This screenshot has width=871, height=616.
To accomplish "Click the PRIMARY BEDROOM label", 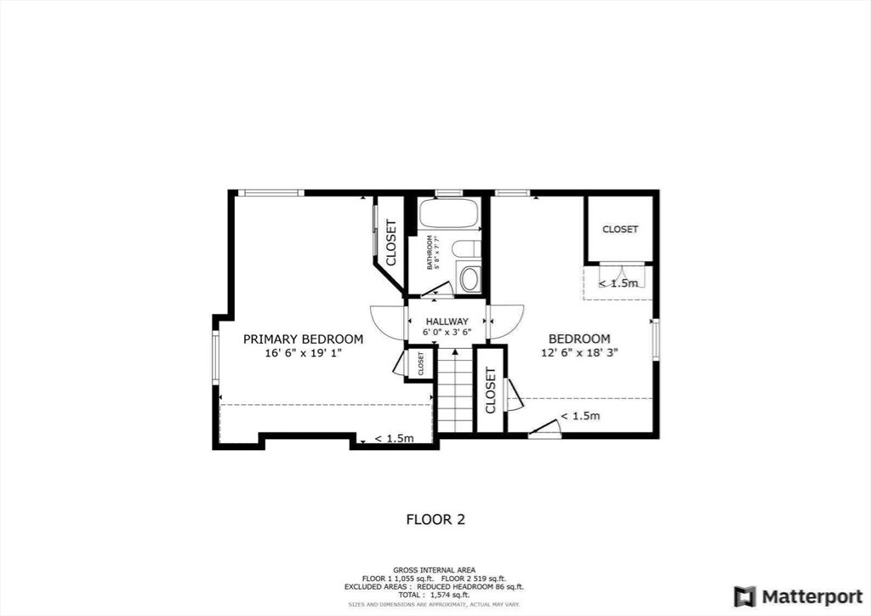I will [303, 339].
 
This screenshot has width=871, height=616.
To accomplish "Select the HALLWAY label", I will [447, 321].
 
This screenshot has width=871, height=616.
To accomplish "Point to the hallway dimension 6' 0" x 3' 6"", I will [447, 333].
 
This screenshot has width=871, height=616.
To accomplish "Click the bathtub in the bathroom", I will [449, 214].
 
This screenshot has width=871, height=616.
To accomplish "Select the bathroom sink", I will [469, 278].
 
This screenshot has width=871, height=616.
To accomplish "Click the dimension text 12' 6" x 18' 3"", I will [578, 352].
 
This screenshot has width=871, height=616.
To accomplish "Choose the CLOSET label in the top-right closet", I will [620, 230].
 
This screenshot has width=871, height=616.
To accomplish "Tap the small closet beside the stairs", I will [420, 363].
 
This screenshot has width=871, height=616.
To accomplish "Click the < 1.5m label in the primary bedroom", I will [394, 439].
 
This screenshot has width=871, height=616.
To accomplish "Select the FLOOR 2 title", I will [435, 519].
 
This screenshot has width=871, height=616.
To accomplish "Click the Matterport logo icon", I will [745, 596].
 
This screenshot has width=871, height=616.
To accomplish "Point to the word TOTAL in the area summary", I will [409, 595].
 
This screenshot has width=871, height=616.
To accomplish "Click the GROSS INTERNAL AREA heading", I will [434, 569].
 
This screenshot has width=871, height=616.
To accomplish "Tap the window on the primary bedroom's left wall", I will [216, 357].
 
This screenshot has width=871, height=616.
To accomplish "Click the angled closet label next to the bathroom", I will [391, 243].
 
